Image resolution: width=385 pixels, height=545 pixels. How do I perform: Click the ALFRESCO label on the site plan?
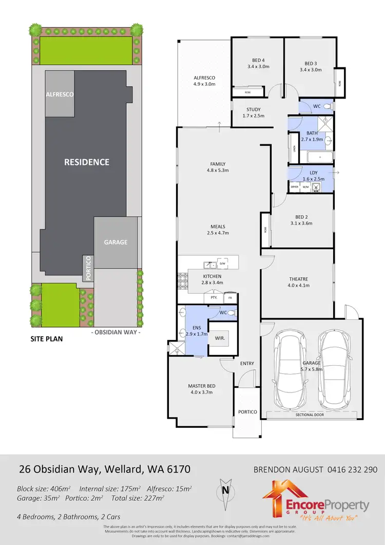coord(60,95)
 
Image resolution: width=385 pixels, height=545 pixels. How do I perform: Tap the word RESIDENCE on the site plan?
coord(86,162)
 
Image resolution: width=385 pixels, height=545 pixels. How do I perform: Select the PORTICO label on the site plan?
coord(88,267)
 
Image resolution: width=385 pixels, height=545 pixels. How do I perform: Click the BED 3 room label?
coord(310,63)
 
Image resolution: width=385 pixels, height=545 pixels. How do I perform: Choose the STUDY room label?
coord(253,109)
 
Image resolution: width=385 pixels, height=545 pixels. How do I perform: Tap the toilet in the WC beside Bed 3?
coord(329,106)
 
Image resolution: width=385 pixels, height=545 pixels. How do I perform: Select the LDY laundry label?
coord(313,173)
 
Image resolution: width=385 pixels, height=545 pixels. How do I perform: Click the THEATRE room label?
coord(298,279)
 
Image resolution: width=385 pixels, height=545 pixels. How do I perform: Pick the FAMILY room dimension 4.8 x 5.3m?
coord(218,170)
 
